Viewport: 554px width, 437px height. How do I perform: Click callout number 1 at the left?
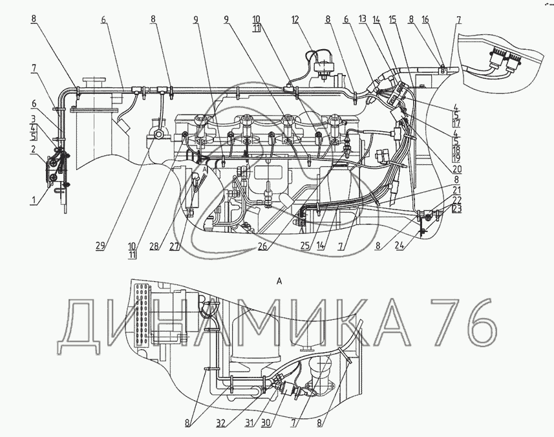click(x=34, y=200)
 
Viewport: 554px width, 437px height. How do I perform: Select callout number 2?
click(x=34, y=149)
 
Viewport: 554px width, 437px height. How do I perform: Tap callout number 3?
click(x=34, y=118)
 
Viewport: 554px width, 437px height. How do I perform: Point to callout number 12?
click(x=295, y=19)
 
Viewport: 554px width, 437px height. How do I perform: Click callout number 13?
click(x=363, y=19)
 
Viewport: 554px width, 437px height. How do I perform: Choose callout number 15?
click(x=392, y=19)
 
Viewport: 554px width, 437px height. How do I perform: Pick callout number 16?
click(x=425, y=19)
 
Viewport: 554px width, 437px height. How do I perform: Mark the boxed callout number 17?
click(x=456, y=123)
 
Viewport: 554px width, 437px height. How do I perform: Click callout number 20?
click(x=456, y=169)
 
